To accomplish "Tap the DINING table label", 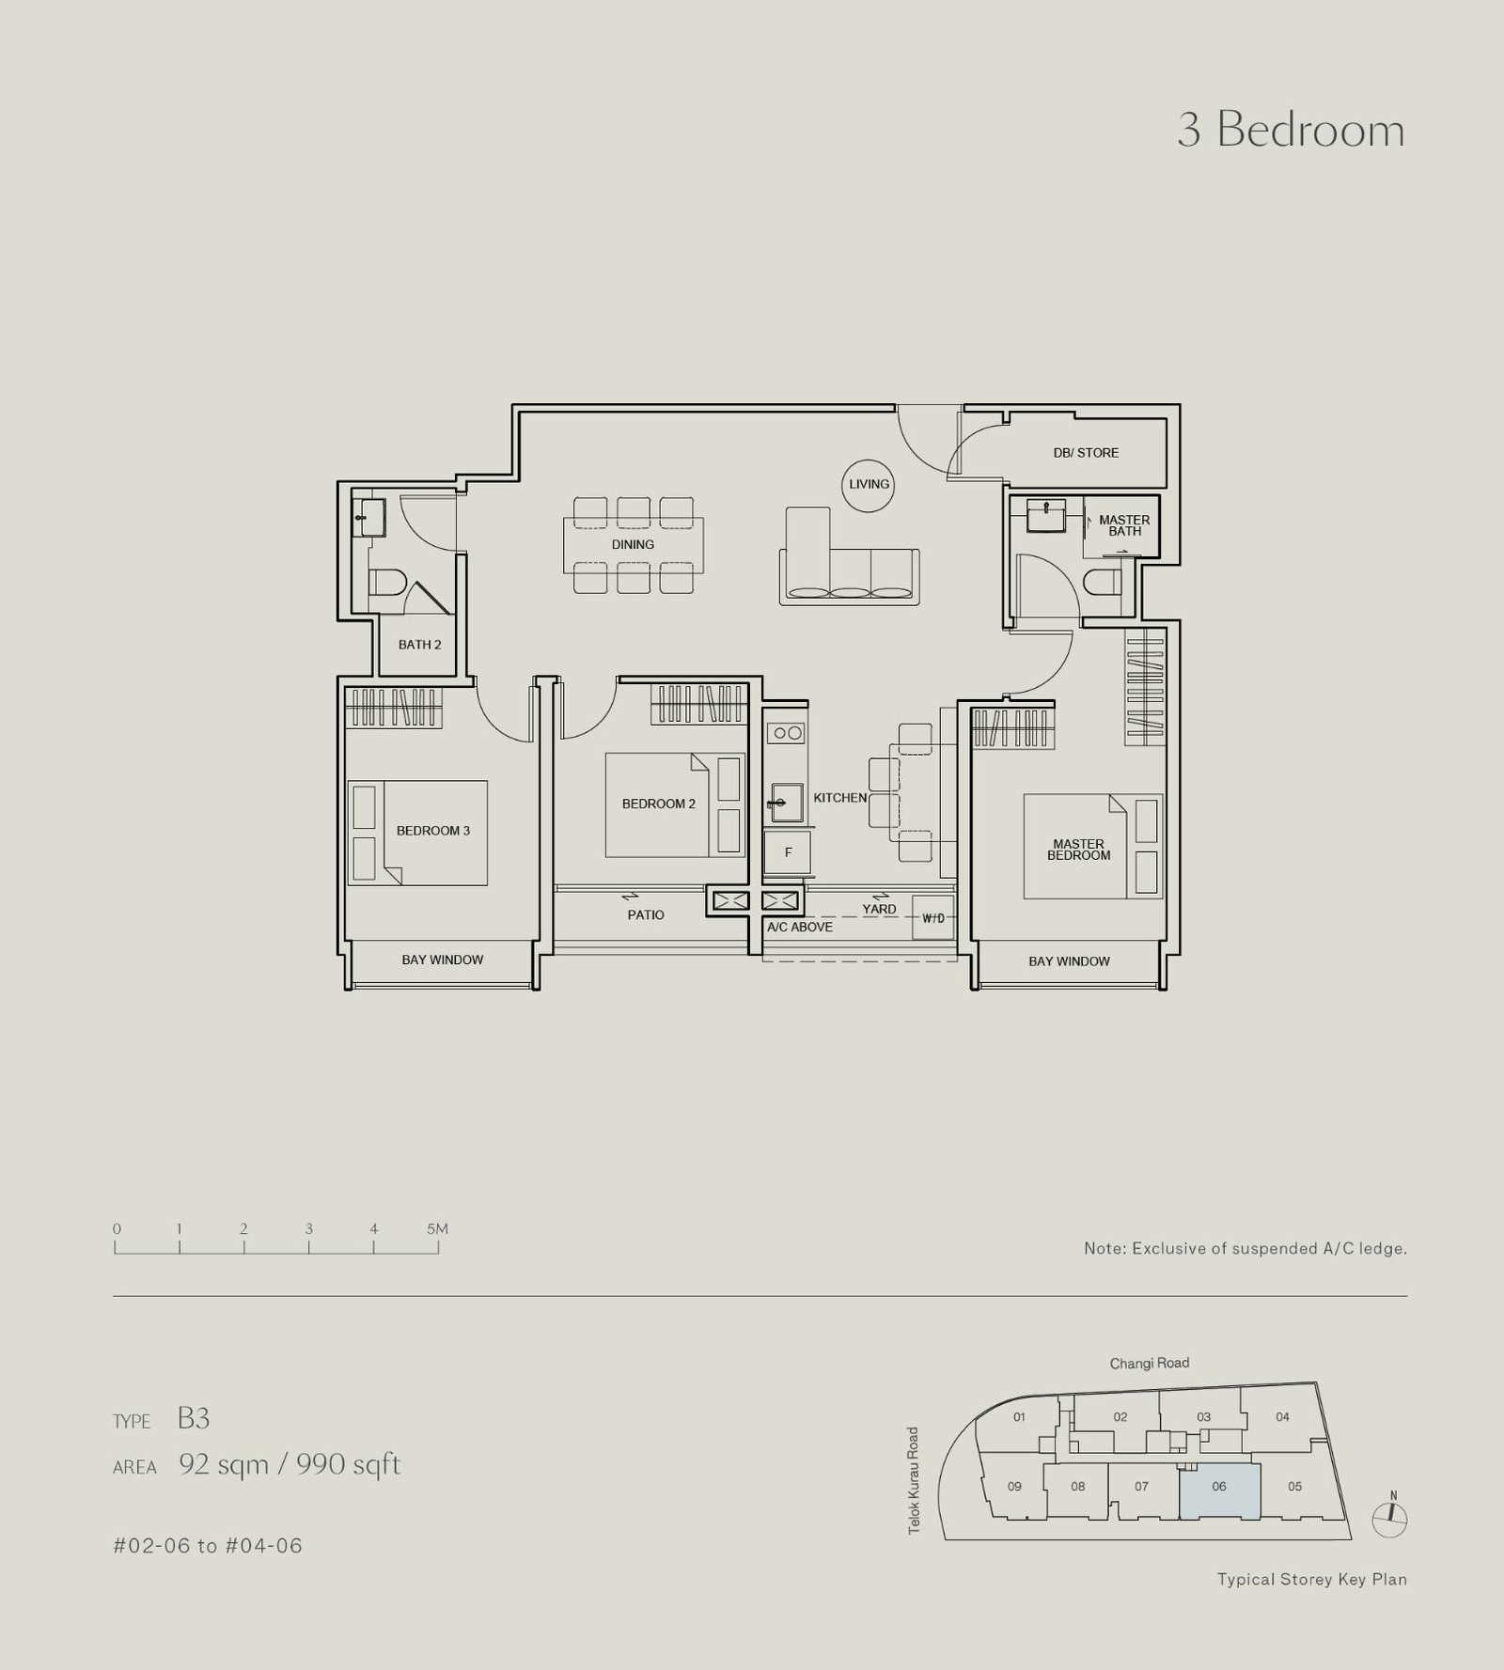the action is [633, 544].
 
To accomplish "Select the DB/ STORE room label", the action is [1086, 453].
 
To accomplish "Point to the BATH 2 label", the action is [419, 645].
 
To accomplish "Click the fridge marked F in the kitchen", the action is [788, 852].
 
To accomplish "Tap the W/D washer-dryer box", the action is [933, 918].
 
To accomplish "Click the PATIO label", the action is [646, 914].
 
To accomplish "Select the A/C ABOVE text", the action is [800, 927].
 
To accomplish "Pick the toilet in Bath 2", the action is [386, 583].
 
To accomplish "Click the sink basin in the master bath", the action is [1046, 515].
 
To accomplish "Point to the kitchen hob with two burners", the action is [788, 733].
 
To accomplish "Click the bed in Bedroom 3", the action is [417, 833].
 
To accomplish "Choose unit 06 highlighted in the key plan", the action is [1219, 1491].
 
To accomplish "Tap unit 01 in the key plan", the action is [1019, 1416].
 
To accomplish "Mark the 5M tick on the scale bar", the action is [438, 1247].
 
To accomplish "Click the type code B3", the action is [194, 1418].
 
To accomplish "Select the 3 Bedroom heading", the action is [1292, 129].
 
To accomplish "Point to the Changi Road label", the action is [1149, 1363].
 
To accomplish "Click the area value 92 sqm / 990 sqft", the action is [290, 1464].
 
